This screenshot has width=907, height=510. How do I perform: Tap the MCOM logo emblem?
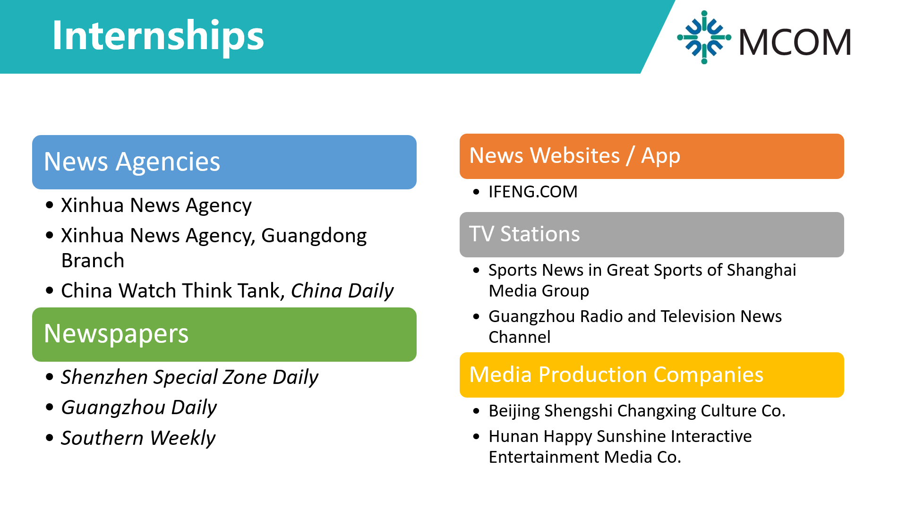tap(704, 37)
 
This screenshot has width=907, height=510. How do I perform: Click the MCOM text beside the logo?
tap(795, 42)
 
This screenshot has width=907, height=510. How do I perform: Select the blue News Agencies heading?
tap(224, 162)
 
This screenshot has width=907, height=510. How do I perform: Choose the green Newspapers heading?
tap(224, 334)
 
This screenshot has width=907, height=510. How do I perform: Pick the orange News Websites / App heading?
tap(652, 156)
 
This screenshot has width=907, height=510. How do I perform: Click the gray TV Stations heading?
tap(652, 235)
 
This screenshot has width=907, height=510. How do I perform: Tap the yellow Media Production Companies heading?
tap(652, 375)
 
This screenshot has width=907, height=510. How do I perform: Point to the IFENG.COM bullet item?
tap(533, 192)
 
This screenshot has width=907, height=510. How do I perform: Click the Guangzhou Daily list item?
tap(139, 408)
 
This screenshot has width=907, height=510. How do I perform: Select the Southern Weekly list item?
tap(138, 438)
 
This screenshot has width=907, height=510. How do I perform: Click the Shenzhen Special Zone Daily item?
tap(190, 377)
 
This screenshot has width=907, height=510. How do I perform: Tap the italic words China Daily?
tap(342, 291)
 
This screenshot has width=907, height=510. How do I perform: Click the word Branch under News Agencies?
tap(93, 261)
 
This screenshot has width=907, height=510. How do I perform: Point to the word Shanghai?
tap(762, 270)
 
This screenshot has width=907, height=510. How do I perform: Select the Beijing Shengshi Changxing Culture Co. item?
tap(637, 411)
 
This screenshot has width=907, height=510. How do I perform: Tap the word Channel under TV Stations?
tap(520, 337)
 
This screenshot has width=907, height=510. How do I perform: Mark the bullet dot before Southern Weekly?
tap(50, 438)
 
